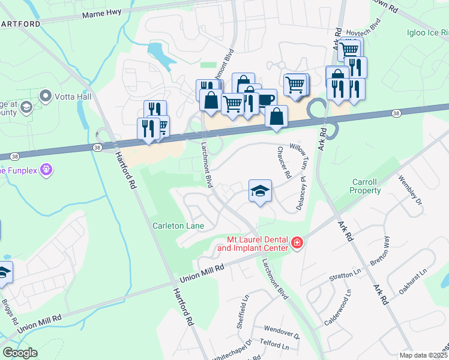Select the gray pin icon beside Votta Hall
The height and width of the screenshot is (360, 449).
(45, 95)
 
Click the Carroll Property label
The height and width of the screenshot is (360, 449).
(366, 186)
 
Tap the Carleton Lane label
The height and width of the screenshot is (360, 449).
(178, 226)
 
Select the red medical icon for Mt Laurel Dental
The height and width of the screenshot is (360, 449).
(297, 242)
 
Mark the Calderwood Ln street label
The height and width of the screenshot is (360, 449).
(339, 307)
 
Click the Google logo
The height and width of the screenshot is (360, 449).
(20, 352)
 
